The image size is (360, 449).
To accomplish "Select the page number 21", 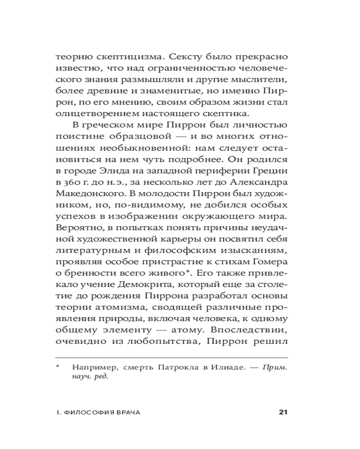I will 283,412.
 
